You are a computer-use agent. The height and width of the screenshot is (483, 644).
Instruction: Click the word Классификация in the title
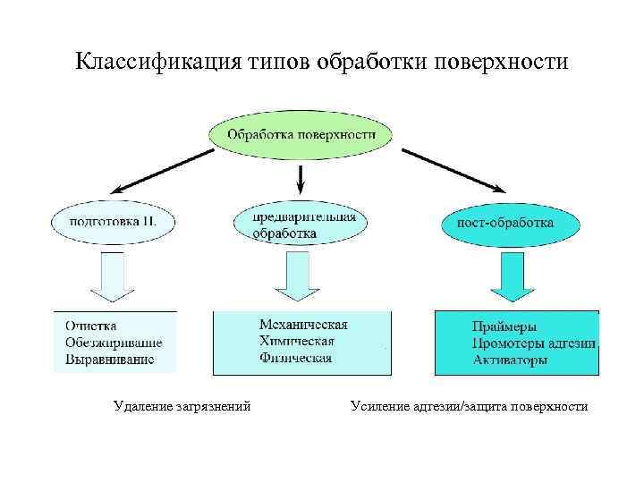pyautogui.click(x=155, y=63)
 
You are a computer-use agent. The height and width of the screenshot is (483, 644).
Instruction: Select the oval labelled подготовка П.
pyautogui.click(x=113, y=221)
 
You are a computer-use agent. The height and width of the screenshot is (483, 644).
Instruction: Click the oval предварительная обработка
pyautogui.click(x=301, y=225)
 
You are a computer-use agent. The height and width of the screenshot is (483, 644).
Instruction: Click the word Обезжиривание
pyautogui.click(x=114, y=342)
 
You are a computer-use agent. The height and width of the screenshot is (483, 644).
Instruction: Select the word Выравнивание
pyautogui.click(x=110, y=359)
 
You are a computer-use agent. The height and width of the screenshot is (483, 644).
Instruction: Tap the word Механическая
pyautogui.click(x=304, y=324)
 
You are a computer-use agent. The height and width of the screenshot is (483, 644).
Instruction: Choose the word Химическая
pyautogui.click(x=297, y=341)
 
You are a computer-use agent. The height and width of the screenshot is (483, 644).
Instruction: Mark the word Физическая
pyautogui.click(x=295, y=358)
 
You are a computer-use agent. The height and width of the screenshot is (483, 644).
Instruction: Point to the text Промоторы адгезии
pyautogui.click(x=534, y=343)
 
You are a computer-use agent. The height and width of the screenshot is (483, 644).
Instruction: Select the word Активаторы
pyautogui.click(x=511, y=360)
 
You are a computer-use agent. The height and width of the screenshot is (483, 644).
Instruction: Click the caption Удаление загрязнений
pyautogui.click(x=182, y=407)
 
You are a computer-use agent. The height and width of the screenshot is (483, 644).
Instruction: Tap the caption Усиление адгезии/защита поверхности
pyautogui.click(x=470, y=407)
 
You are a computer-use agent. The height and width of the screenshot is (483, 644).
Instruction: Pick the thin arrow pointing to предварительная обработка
pyautogui.click(x=301, y=179)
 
